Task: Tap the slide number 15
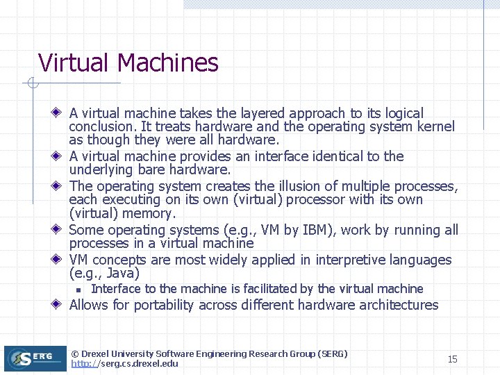tap(452, 359)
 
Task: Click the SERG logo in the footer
tap(35, 358)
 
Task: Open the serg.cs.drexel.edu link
tap(124, 363)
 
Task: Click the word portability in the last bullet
tap(166, 305)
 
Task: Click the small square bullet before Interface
tap(80, 290)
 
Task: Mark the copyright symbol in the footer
tap(75, 353)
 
